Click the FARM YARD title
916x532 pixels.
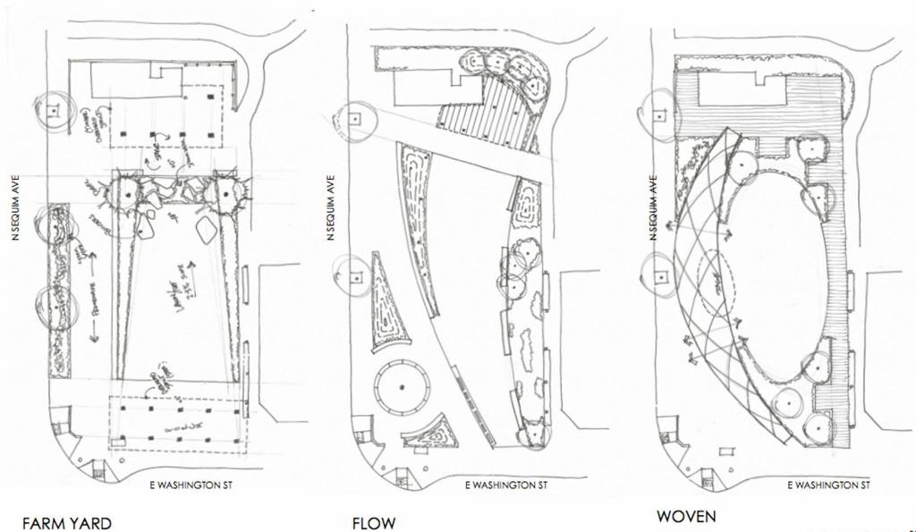pos(67,522)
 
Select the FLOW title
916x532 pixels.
pos(373,522)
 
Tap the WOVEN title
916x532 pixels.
pos(687,517)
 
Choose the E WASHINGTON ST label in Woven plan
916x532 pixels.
pos(827,486)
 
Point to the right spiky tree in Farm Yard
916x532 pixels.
pos(222,190)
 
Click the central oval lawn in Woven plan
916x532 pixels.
pos(769,268)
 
